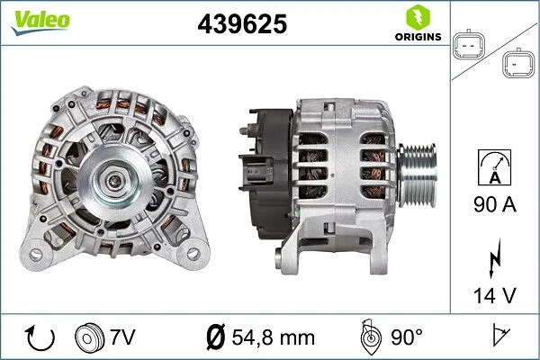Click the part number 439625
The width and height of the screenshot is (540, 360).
click(x=241, y=25)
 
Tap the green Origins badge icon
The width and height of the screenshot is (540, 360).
click(x=418, y=16)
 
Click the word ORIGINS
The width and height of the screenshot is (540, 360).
click(x=418, y=37)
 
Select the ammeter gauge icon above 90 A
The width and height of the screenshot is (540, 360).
click(x=495, y=168)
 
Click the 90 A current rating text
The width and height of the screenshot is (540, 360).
click(x=495, y=206)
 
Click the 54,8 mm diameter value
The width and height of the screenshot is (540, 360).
click(x=273, y=337)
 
